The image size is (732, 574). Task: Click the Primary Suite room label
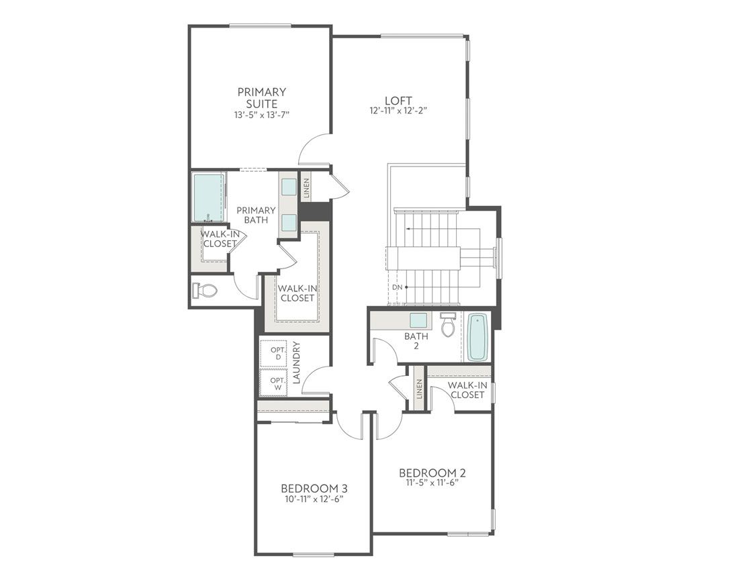click(x=261, y=97)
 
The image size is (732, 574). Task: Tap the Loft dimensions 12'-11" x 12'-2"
click(x=398, y=111)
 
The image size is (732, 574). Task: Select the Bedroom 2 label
click(x=432, y=473)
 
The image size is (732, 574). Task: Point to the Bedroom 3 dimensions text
click(x=314, y=499)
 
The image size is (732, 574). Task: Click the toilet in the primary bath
click(x=205, y=291)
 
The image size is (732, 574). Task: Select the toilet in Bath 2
click(x=448, y=325)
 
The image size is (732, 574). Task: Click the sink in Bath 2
click(x=418, y=320)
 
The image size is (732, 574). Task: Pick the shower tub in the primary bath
click(x=208, y=197)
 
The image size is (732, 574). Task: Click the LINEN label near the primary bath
click(x=306, y=187)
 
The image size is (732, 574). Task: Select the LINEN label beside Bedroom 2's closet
click(x=419, y=389)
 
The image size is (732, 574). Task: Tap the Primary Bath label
click(x=256, y=215)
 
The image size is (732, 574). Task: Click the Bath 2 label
click(x=416, y=341)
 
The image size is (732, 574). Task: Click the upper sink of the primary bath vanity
click(x=289, y=187)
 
